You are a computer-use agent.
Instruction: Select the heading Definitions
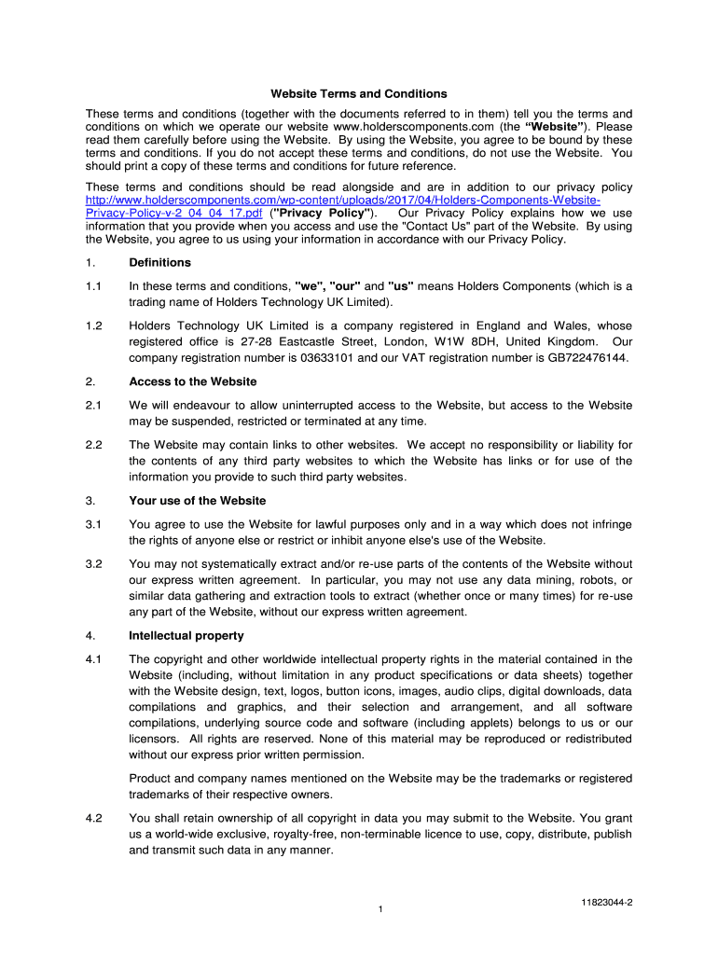pyautogui.click(x=159, y=263)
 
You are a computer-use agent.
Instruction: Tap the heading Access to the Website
pyautogui.click(x=192, y=381)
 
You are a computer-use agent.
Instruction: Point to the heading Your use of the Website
pyautogui.click(x=197, y=501)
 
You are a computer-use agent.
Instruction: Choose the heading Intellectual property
pyautogui.click(x=186, y=636)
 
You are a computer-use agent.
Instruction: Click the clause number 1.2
pyautogui.click(x=93, y=326)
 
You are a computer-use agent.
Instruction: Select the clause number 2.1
pyautogui.click(x=93, y=406)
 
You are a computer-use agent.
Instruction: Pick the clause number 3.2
pyautogui.click(x=93, y=564)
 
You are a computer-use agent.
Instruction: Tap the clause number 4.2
pyautogui.click(x=93, y=818)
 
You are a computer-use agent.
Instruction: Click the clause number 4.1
pyautogui.click(x=93, y=659)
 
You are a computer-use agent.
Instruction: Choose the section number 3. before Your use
pyautogui.click(x=90, y=501)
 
